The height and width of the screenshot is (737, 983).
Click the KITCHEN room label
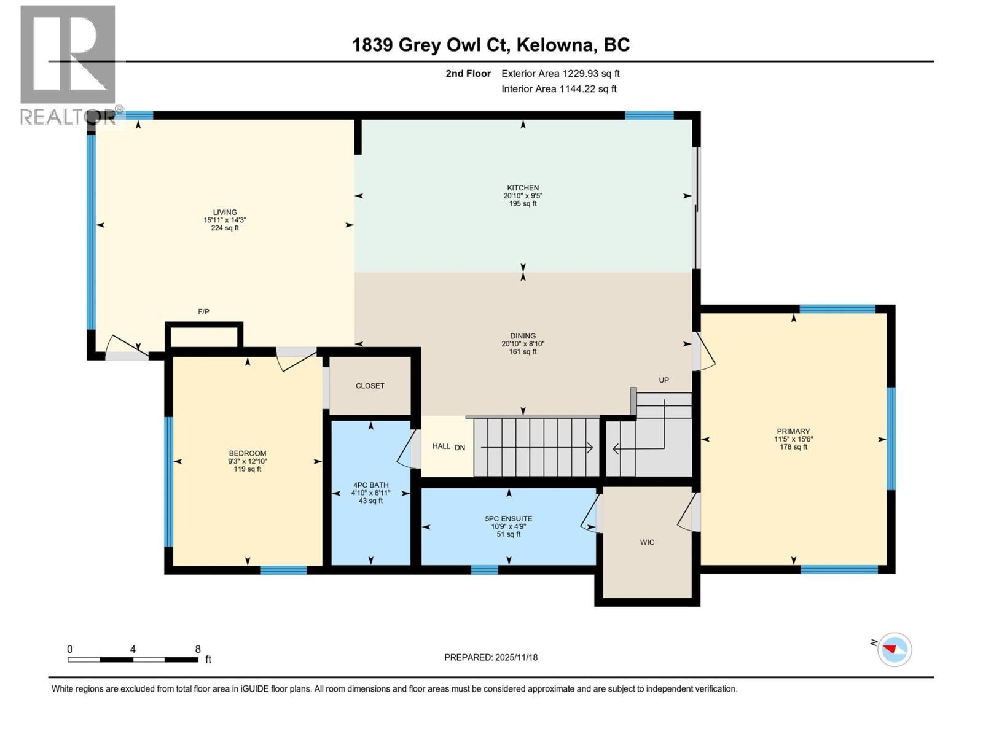(x=523, y=188)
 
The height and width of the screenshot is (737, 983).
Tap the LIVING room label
(x=225, y=213)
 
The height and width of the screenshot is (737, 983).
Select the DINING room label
(x=523, y=336)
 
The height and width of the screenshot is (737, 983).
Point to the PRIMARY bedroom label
(x=793, y=431)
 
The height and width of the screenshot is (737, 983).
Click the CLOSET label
(x=370, y=386)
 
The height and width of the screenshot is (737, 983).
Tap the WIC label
(x=647, y=542)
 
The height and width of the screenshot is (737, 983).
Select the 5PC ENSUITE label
(x=508, y=518)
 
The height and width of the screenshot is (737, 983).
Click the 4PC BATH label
(x=370, y=485)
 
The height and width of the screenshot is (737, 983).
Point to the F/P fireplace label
(x=203, y=312)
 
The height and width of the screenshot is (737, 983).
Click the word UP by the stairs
(x=664, y=380)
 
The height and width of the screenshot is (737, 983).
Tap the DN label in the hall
(x=460, y=447)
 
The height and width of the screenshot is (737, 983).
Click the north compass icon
(x=894, y=649)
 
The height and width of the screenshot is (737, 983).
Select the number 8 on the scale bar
(x=197, y=649)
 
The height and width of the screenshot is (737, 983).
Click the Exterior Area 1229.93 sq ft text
(x=560, y=74)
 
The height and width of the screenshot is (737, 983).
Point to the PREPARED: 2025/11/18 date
(x=491, y=657)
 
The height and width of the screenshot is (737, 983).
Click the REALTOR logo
(x=68, y=64)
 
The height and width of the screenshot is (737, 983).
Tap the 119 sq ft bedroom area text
(x=248, y=469)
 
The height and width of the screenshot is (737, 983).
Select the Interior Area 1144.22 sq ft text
(x=558, y=89)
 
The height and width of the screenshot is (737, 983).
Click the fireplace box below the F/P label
(x=204, y=336)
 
